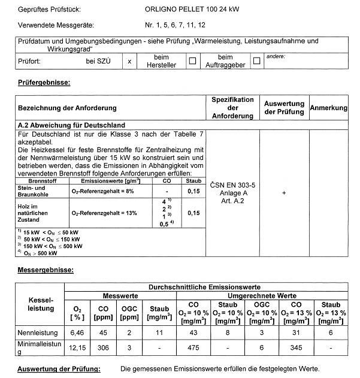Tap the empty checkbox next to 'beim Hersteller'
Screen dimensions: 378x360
pos(192,61)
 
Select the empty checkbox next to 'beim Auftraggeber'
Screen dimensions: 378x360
pos(257,61)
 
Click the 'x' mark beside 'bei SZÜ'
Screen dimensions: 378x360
pos(129,61)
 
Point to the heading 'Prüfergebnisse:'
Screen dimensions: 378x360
pos(44,82)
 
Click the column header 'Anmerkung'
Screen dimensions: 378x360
pos(328,108)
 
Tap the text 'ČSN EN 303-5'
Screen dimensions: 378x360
pos(232,186)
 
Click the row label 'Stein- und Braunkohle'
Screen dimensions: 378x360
pos(29,191)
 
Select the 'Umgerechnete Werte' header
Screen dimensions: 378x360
pos(264,296)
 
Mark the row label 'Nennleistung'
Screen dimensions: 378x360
pos(38,332)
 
